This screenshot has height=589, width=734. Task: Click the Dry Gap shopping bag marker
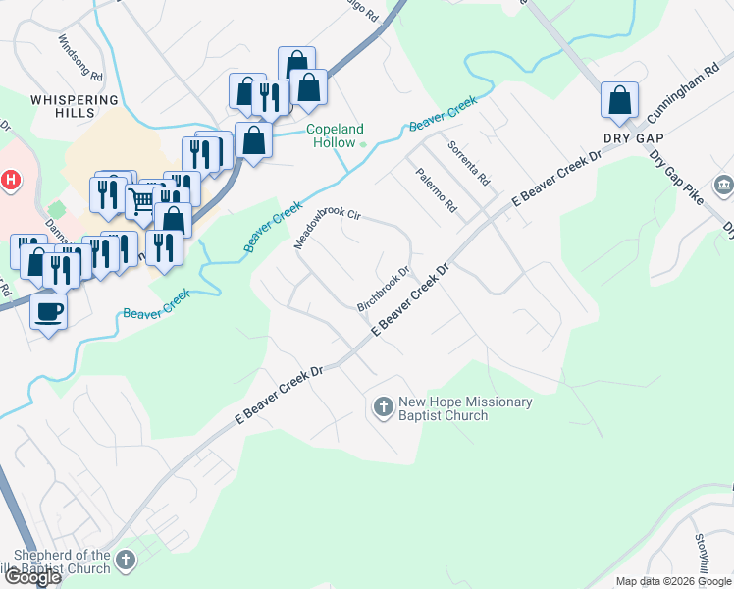pos(619,100)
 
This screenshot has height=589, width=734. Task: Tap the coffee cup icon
pos(48,312)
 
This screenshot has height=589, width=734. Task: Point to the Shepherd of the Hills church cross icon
pos(124,561)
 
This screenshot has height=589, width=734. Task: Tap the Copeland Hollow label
pos(335,135)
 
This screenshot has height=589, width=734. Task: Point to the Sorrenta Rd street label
pos(468,164)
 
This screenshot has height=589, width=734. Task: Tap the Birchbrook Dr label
pos(383,290)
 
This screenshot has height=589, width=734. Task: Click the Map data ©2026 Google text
pos(673,581)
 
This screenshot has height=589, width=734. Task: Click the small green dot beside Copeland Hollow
pos(363,146)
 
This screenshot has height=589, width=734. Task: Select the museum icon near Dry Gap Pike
pos(724,185)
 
